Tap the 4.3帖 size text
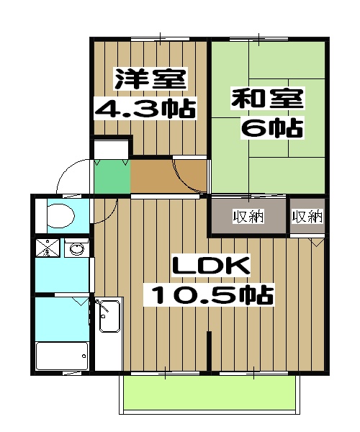click(146, 109)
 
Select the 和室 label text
click(268, 98)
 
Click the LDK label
click(210, 266)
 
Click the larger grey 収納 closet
click(248, 216)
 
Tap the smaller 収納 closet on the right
click(307, 216)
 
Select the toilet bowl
click(58, 215)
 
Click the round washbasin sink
click(75, 249)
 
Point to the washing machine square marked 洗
click(46, 249)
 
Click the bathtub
click(62, 355)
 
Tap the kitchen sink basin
click(109, 317)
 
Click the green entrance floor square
click(112, 177)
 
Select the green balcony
click(210, 395)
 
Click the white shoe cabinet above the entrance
click(110, 149)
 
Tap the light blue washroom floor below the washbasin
click(63, 276)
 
